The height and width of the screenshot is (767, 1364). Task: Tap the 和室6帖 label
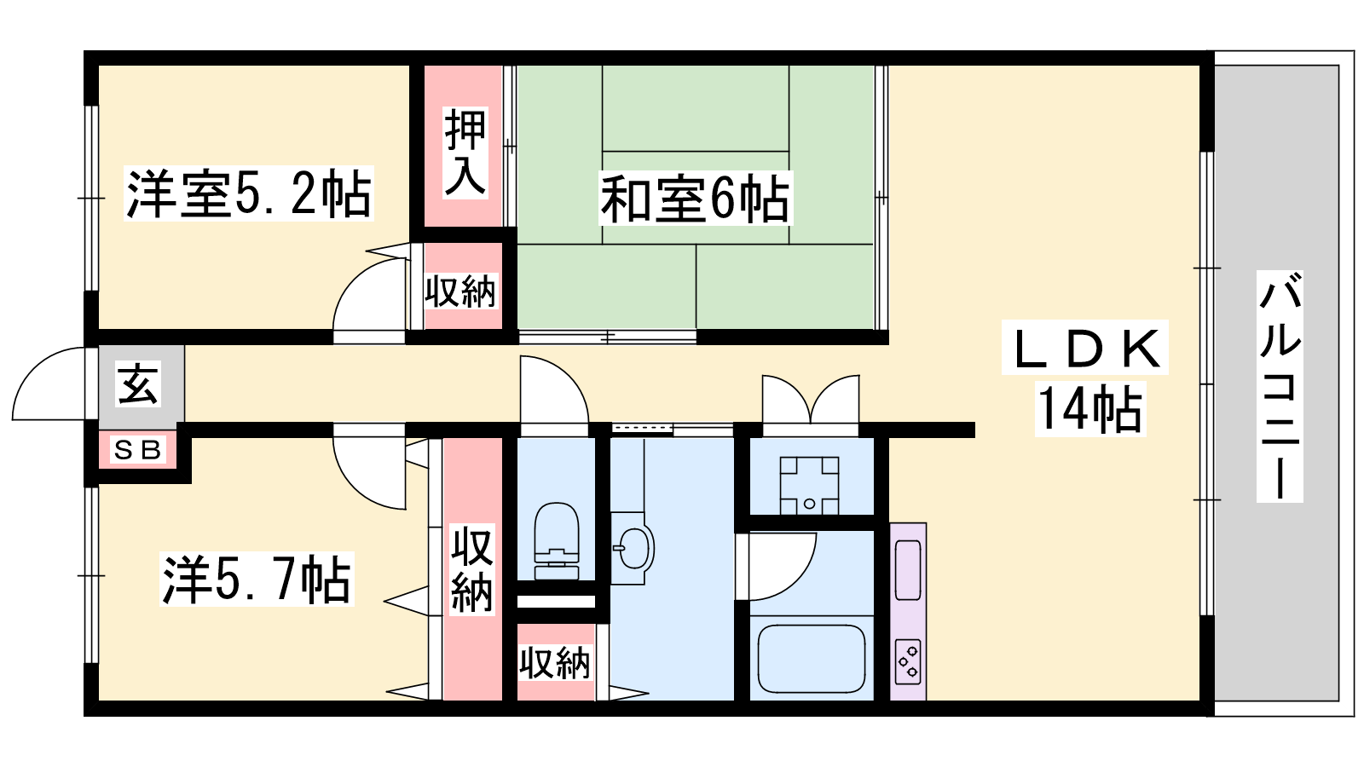(696, 199)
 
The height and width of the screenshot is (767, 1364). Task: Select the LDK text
(1085, 348)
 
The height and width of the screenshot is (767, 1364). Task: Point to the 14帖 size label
(1090, 409)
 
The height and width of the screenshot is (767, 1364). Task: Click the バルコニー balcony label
(1280, 387)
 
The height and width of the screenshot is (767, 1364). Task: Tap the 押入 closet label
(465, 153)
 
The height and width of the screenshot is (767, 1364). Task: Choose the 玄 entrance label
(139, 384)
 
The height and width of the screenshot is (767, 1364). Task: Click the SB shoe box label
(138, 451)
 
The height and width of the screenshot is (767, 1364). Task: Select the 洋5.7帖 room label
(257, 579)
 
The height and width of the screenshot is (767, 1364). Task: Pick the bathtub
(812, 659)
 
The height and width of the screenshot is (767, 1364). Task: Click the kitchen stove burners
(908, 661)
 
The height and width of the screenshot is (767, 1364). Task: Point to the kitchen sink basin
(908, 570)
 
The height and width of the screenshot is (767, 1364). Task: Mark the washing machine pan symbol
(809, 486)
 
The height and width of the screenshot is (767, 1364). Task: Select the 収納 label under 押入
(460, 291)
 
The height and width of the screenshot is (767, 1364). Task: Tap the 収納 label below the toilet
(555, 664)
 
